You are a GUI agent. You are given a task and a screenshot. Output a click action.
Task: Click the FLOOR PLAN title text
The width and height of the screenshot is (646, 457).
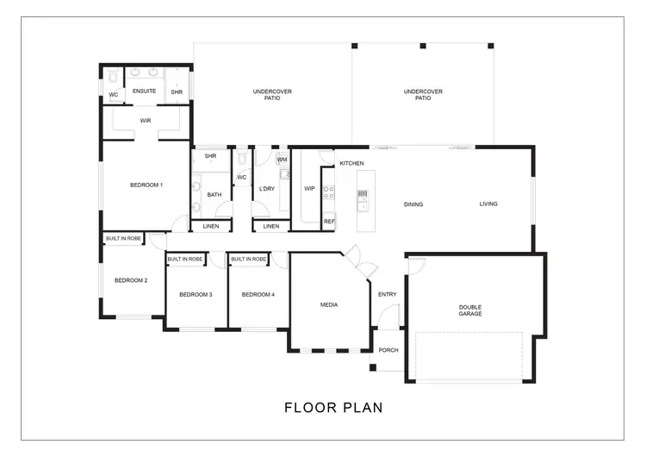click(x=333, y=407)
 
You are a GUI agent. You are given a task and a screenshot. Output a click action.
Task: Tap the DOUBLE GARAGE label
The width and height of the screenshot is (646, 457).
click(x=470, y=310)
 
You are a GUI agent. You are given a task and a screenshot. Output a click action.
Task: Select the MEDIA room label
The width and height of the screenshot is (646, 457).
click(x=328, y=304)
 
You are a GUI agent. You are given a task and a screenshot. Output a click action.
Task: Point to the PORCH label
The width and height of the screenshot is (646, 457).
click(x=388, y=350)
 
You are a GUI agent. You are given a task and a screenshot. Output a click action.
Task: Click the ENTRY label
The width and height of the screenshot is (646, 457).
click(x=388, y=295)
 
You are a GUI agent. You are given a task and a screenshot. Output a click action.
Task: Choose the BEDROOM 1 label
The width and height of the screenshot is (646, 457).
click(x=146, y=185)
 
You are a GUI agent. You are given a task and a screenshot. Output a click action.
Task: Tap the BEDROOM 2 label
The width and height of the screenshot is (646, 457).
click(x=131, y=280)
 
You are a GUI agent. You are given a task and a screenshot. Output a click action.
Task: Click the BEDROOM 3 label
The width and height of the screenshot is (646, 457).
click(x=196, y=295)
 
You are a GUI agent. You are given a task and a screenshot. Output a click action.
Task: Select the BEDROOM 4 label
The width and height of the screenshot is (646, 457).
click(x=258, y=295)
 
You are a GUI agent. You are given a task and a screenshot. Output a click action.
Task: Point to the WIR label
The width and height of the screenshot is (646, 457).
click(x=146, y=121)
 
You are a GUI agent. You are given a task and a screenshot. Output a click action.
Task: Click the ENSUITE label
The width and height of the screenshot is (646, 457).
click(x=144, y=91)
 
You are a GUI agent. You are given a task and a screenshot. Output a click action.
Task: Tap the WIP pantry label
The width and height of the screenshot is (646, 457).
click(x=308, y=188)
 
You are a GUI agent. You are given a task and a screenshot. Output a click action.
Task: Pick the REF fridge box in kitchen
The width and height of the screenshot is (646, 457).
click(x=328, y=222)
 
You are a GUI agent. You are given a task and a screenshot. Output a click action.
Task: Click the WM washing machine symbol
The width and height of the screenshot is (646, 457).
click(x=282, y=160)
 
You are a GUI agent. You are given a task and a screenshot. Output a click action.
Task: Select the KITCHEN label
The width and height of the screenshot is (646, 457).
click(x=351, y=163)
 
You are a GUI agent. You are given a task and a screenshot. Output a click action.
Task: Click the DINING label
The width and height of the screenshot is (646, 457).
click(x=413, y=204)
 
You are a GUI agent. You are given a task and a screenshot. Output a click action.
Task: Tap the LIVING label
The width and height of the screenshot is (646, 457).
click(x=488, y=204)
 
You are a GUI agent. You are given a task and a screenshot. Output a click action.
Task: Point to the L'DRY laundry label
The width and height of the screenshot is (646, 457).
click(x=267, y=188)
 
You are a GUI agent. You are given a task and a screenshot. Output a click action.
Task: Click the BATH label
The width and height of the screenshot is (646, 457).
click(x=214, y=195)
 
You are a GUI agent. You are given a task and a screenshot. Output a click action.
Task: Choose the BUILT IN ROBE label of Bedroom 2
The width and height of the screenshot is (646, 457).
click(x=123, y=238)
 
